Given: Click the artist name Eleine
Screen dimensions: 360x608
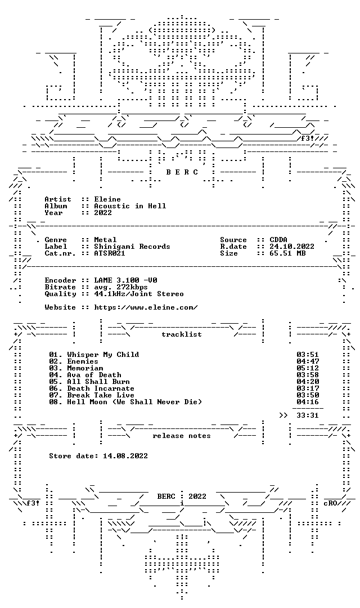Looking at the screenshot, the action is pyautogui.click(x=107, y=199).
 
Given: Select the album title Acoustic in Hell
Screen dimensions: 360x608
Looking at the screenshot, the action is pyautogui.click(x=130, y=206).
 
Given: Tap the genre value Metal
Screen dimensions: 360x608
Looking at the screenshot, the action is pyautogui.click(x=105, y=240).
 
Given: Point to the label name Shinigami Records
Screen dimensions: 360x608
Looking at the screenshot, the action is pyautogui.click(x=132, y=246).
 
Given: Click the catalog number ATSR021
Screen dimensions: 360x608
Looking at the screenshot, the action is pyautogui.click(x=110, y=253).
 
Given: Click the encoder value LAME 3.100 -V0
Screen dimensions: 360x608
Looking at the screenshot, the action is pyautogui.click(x=125, y=280).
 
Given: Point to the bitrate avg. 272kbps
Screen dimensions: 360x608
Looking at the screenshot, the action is pyautogui.click(x=121, y=287).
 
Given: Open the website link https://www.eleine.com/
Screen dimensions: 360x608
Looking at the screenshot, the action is pyautogui.click(x=146, y=307).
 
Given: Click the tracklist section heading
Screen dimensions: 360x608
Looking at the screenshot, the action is pyautogui.click(x=182, y=334).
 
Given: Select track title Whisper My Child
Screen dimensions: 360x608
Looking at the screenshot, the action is pyautogui.click(x=103, y=355).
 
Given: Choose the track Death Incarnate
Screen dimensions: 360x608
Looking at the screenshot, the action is pyautogui.click(x=101, y=388).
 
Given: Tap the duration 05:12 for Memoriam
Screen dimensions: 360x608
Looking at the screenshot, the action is pyautogui.click(x=308, y=368).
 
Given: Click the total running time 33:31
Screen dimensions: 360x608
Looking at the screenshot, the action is pyautogui.click(x=308, y=415).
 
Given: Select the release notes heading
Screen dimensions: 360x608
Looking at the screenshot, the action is pyautogui.click(x=182, y=436).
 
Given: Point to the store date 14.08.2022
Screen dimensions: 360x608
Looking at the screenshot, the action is pyautogui.click(x=125, y=456).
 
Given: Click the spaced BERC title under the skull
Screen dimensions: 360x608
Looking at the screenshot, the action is pyautogui.click(x=182, y=172).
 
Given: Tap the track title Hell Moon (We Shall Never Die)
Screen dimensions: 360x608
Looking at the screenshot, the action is pyautogui.click(x=134, y=402).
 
